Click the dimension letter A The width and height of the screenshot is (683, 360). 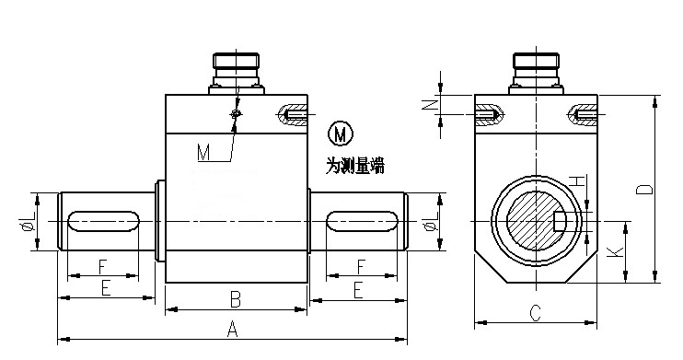[x=233, y=329]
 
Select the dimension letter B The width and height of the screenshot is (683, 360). [x=236, y=300]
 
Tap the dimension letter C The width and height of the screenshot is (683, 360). [x=535, y=313]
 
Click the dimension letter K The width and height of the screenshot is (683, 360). [x=615, y=252]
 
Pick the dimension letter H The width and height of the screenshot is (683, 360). [x=577, y=180]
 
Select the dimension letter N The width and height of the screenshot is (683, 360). [x=430, y=105]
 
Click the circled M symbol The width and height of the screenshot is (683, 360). [x=340, y=134]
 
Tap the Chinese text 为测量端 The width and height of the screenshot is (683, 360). [x=355, y=166]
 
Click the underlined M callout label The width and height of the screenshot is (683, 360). [x=203, y=153]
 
